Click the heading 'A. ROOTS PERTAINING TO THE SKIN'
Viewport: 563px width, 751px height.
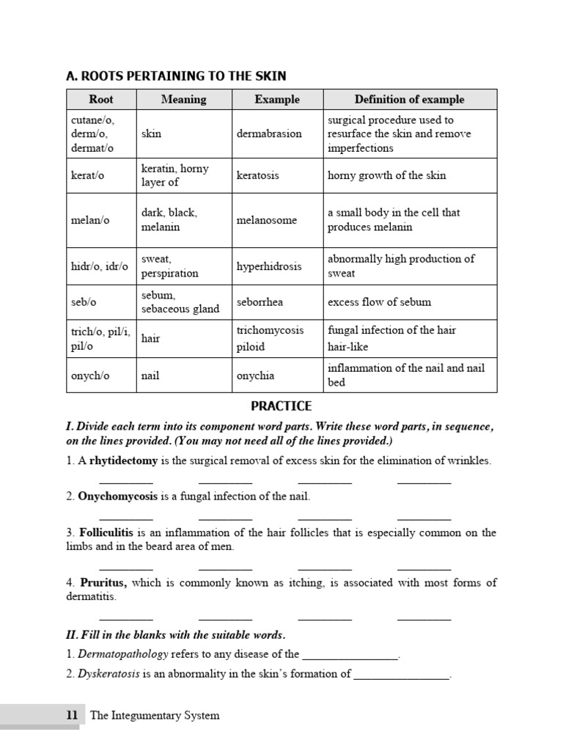coord(176,76)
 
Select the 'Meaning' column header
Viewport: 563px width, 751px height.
coord(183,99)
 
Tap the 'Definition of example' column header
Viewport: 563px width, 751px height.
coord(409,99)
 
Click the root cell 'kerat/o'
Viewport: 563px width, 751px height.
coord(87,175)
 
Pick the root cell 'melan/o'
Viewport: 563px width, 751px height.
coord(90,220)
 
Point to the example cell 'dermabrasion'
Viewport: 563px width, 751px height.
coord(269,133)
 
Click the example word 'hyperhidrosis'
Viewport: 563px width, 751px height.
coord(269,266)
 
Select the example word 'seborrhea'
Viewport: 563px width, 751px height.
coord(260,301)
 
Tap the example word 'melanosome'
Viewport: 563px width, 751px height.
coord(266,220)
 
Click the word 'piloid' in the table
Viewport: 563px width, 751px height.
coord(251,346)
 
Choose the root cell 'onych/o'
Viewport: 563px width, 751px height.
coord(90,375)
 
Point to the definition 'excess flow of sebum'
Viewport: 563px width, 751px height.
coord(379,301)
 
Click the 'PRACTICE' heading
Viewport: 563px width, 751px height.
coord(281,406)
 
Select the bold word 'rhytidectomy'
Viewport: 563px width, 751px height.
coord(122,461)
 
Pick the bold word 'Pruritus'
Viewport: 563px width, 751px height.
coord(103,583)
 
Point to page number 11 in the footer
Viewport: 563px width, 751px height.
coord(72,715)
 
